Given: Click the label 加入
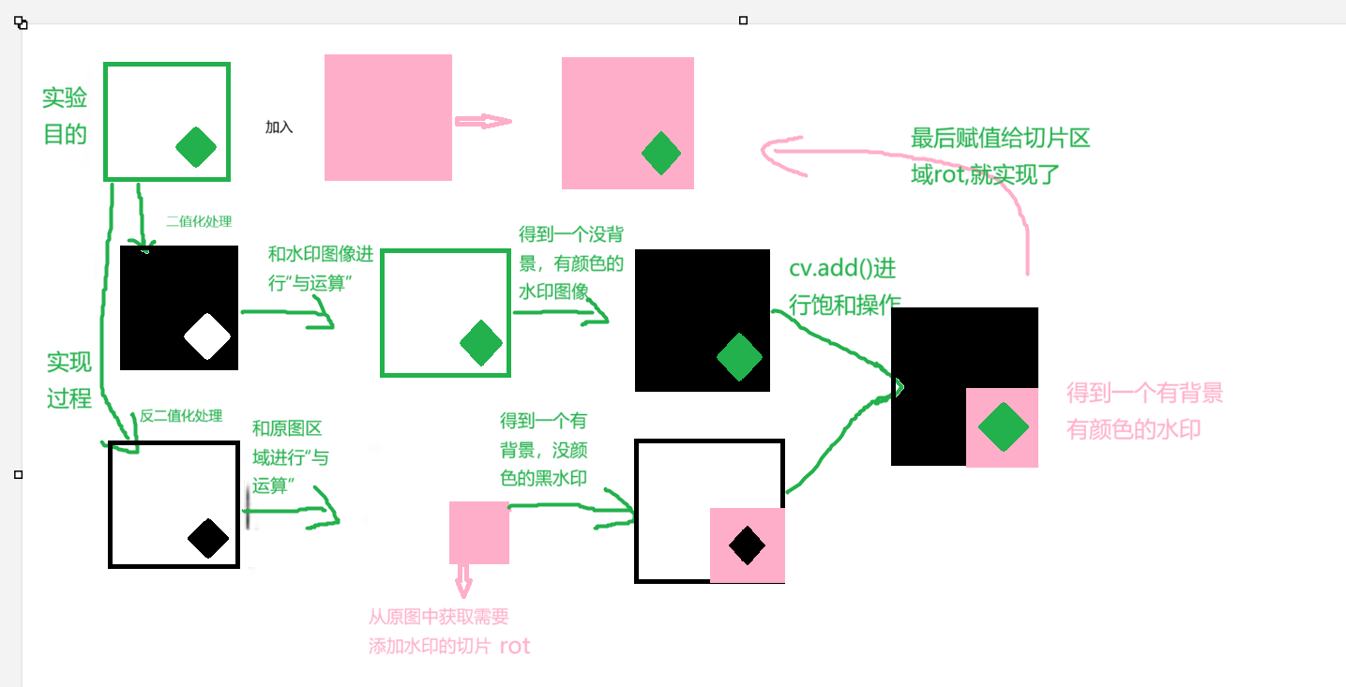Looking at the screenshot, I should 279,127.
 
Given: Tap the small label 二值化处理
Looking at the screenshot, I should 198,221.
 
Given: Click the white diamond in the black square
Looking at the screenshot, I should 207,337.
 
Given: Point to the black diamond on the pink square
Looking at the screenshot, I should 747,545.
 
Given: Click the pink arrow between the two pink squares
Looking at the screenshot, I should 483,121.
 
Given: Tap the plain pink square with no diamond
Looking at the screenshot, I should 387,117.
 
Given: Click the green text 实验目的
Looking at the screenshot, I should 65,116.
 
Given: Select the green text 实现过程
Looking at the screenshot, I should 69,380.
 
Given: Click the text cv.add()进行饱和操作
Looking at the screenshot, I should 844,287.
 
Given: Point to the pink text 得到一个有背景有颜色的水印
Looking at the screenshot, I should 1144,411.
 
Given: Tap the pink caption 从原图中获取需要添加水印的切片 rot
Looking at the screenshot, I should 448,632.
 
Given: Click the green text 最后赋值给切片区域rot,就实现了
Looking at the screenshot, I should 1000,157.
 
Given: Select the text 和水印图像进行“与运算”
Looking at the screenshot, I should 321,268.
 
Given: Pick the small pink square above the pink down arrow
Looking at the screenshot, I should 478,532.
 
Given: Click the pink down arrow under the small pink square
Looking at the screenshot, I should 463,581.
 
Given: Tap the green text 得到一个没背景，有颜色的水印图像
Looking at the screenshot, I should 570,263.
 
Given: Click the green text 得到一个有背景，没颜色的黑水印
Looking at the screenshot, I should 544,449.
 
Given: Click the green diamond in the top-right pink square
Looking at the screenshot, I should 661,154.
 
